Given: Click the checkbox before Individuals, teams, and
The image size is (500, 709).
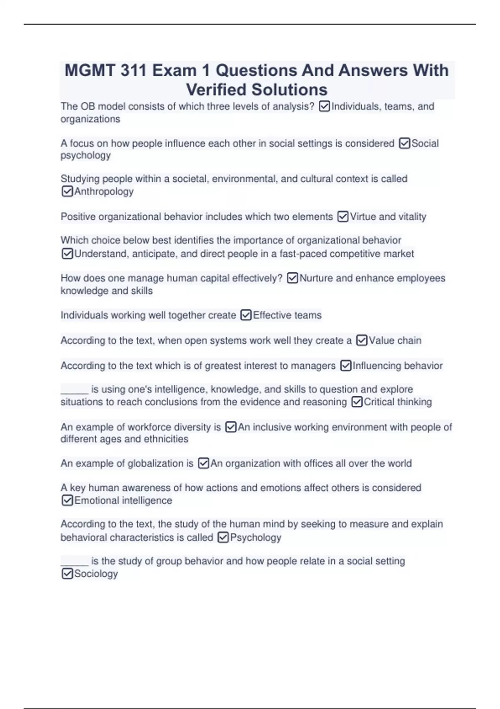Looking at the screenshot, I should (x=324, y=107).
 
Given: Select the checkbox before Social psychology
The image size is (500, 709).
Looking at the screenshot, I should (x=405, y=143).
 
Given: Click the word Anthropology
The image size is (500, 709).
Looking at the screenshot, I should (x=104, y=191).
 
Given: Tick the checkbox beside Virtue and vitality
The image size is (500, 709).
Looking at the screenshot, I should (x=343, y=217).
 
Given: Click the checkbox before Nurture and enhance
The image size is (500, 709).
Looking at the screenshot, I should (x=292, y=278).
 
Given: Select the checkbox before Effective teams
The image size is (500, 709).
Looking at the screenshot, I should (x=246, y=315).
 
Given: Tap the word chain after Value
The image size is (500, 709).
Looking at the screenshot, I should (x=409, y=340).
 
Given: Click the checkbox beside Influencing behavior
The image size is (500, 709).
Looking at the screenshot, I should (x=346, y=366).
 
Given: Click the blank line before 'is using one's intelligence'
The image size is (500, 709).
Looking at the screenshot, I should (x=75, y=391).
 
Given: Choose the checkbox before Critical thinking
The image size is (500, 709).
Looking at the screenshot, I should (x=357, y=402).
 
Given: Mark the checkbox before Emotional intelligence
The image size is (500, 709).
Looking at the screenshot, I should (x=67, y=500).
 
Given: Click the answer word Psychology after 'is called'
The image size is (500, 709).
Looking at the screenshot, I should (x=255, y=538).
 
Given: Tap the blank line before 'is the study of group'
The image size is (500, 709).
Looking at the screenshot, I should (x=75, y=563).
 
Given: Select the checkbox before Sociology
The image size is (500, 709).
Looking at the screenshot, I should (x=67, y=574).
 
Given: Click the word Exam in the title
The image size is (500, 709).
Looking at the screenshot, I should (x=174, y=70).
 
